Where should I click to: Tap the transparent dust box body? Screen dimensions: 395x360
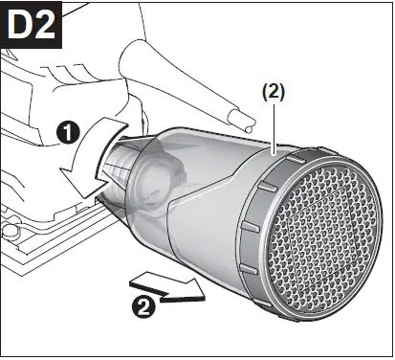tap(206, 191)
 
